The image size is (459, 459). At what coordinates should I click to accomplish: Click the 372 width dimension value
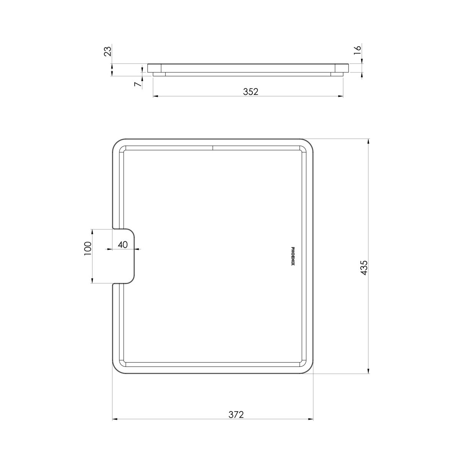pyautogui.click(x=236, y=414)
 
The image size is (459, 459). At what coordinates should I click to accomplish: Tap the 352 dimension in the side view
pyautogui.click(x=251, y=91)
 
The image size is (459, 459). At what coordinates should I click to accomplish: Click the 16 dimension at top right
pyautogui.click(x=357, y=51)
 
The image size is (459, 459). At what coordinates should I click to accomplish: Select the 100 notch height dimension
pyautogui.click(x=88, y=248)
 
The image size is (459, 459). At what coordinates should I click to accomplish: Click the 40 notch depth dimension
pyautogui.click(x=122, y=245)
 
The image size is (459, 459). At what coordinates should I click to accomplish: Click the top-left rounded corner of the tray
pyautogui.click(x=116, y=143)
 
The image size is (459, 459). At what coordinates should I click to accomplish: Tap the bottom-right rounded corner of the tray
pyautogui.click(x=308, y=369)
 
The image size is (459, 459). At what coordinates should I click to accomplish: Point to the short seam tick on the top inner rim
pyautogui.click(x=213, y=148)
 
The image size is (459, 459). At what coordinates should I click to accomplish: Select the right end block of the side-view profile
pyautogui.click(x=341, y=68)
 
